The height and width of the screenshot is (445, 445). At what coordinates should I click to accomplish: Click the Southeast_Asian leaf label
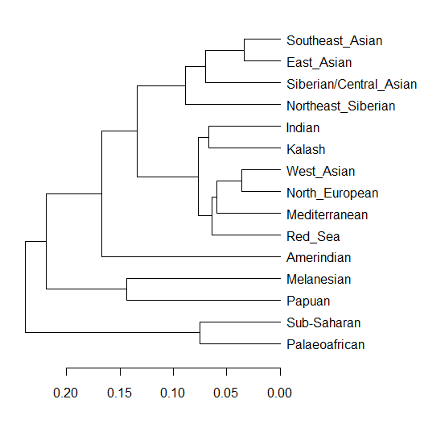334,40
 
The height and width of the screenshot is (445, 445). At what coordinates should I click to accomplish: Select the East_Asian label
319,62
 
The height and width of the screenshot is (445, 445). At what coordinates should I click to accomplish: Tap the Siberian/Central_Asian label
352,84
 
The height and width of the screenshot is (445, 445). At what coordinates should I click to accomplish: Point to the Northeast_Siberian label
341,106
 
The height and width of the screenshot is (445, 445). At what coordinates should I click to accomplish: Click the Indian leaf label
303,127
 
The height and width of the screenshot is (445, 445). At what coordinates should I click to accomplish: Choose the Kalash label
305,149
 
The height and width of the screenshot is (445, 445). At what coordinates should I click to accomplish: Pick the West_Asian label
320,171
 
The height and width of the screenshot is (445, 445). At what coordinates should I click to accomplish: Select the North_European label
332,193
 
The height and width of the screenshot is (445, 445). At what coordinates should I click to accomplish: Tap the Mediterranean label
327,214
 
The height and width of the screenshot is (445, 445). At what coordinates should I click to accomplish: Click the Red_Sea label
313,236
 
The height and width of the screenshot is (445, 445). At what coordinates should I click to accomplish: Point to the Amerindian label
319,258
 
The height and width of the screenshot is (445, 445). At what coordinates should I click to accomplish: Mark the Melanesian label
319,280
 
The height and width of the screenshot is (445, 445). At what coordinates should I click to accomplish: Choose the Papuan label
307,302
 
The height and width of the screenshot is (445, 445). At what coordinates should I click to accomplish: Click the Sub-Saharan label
323,323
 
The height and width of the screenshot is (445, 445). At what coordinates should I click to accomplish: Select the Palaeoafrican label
326,345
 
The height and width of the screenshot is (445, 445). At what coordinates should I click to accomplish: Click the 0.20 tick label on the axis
66,393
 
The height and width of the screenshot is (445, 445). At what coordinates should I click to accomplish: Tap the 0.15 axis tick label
119,393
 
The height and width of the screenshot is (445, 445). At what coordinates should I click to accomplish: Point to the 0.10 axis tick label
173,393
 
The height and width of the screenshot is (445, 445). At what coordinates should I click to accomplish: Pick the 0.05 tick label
226,393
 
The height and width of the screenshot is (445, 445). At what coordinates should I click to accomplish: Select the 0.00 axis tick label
280,393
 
